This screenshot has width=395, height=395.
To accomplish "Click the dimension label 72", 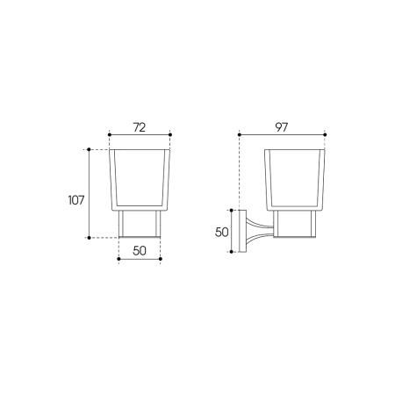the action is click(140, 127).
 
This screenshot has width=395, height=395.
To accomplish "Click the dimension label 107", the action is click(76, 200).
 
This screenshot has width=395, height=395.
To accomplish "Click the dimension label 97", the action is click(282, 127).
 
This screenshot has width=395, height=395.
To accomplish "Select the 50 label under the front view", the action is click(140, 251).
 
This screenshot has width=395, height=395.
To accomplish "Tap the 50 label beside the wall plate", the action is click(221, 233).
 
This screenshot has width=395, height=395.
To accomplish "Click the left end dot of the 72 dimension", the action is click(110, 135).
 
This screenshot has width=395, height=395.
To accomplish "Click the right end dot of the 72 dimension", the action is click(170, 135).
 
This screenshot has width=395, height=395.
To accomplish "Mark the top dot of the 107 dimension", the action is click(89, 149).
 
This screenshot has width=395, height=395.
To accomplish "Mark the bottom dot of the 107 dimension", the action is click(89, 238).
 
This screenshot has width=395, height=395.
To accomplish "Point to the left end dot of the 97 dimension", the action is click(240, 134).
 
